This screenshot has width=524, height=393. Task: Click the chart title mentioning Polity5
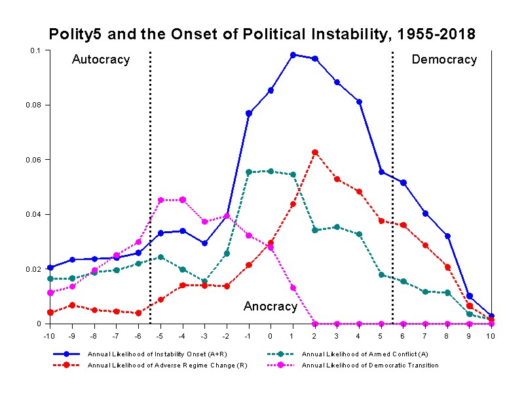262,34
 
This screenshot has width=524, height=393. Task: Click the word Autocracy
101,60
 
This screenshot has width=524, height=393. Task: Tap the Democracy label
444,60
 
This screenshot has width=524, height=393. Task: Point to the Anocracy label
271,307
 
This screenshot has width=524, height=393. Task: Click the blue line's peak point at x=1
293,55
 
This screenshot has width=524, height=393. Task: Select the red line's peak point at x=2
315,153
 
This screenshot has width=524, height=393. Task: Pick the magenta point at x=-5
160,200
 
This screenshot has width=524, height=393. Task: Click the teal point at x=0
271,171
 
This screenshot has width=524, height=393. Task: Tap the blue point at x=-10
50,267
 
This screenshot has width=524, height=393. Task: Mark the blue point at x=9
469,296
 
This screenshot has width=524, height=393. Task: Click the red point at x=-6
138,313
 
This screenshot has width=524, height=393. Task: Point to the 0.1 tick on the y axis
35,50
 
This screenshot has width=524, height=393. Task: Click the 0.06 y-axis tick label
34,160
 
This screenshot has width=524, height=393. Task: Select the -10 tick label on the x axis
49,336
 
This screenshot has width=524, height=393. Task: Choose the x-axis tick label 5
381,336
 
